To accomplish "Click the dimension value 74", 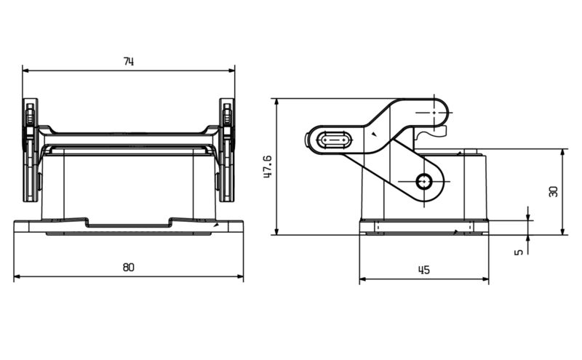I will click(128, 62).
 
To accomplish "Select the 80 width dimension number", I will click(128, 268).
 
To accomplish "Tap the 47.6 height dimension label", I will click(267, 167).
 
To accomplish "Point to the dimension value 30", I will click(554, 191).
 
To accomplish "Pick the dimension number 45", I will click(423, 270).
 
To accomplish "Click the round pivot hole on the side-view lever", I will click(424, 181).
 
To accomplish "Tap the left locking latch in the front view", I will click(30, 149).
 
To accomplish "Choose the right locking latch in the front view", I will click(227, 149).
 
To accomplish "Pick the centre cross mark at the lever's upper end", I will click(434, 113).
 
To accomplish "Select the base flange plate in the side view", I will click(423, 228).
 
